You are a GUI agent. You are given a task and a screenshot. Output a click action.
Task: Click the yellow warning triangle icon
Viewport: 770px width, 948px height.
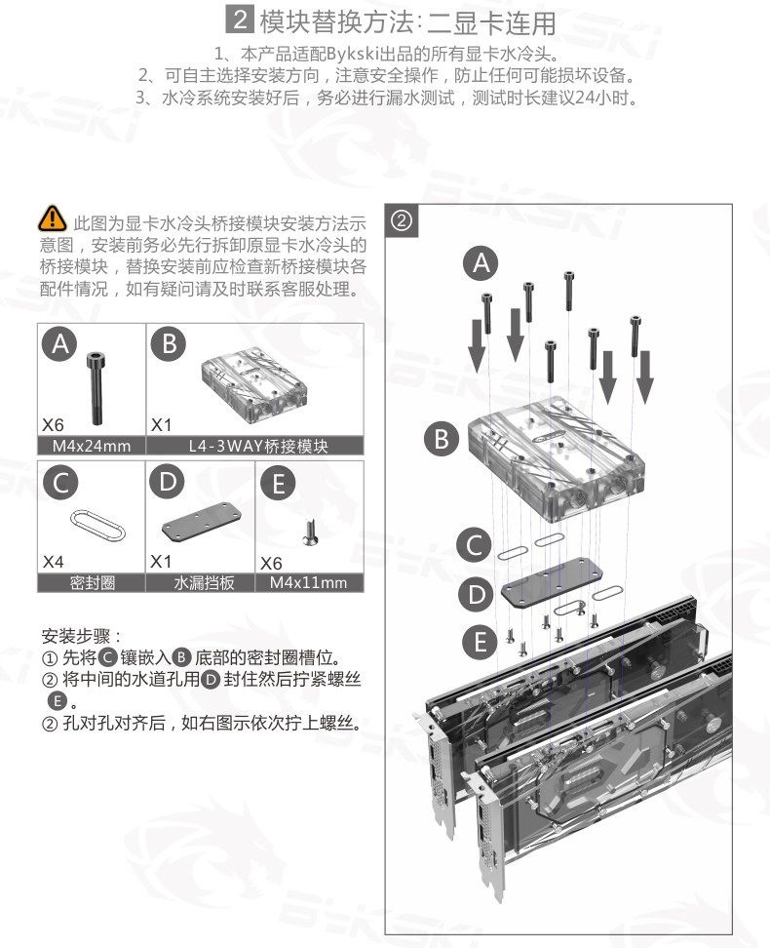coord(53,218)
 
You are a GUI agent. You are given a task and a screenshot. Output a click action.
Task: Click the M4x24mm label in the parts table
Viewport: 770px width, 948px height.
coord(92,446)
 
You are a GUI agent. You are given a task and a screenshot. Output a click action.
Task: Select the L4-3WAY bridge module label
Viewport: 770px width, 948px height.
coord(258,446)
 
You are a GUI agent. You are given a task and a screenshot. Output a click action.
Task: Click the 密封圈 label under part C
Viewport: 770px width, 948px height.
coord(92,583)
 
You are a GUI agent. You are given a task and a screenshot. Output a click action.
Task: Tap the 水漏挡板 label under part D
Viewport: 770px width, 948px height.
coord(204,583)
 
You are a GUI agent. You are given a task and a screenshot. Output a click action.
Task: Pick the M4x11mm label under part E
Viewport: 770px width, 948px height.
coord(308,583)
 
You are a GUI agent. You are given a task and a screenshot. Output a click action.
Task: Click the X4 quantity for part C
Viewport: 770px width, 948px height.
coord(54,562)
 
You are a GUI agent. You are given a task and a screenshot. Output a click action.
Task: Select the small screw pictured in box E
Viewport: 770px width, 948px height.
coord(311,533)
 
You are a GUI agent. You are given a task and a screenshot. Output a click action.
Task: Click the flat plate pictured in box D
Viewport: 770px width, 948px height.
coord(201,523)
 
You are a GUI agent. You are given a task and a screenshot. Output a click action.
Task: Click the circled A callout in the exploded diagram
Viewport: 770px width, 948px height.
coord(481,263)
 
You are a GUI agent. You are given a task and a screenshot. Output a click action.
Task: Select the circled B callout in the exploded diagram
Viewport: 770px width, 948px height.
coord(442,439)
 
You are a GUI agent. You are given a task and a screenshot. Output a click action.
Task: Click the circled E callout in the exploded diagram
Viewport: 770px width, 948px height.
coord(481,642)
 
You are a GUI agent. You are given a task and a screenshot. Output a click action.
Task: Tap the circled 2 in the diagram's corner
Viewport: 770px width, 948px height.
coord(401,220)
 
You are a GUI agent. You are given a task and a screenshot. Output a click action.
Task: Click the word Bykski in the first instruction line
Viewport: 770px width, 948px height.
coord(353,55)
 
